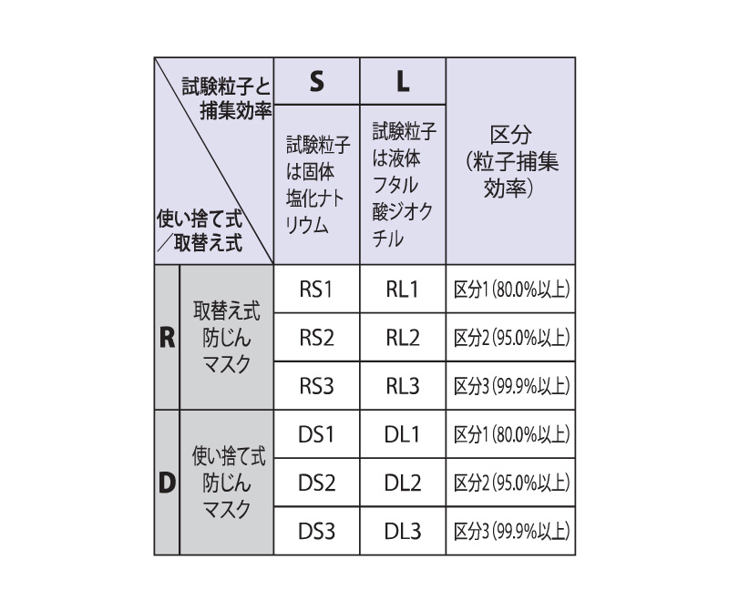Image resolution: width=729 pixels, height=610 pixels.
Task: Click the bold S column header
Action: [x=316, y=81]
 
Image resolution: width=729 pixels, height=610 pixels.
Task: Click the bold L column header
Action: [x=403, y=81]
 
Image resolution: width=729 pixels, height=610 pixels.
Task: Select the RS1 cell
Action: [x=316, y=289]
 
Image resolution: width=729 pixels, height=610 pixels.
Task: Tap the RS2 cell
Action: [x=316, y=337]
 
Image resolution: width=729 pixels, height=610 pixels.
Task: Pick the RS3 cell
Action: [x=316, y=386]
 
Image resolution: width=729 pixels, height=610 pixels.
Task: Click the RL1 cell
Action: [x=403, y=289]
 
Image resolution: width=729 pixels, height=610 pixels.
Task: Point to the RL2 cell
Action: [x=403, y=337]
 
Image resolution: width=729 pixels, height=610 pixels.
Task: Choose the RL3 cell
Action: [x=403, y=386]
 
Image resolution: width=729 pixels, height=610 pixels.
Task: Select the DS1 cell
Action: [x=316, y=434]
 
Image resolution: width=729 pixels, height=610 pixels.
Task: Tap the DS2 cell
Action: [x=316, y=483]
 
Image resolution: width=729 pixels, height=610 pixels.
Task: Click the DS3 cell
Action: [x=316, y=531]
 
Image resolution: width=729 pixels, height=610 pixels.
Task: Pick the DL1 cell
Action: [x=403, y=434]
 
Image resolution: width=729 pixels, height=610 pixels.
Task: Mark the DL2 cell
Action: [x=403, y=483]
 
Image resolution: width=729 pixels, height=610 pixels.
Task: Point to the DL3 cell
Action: [x=403, y=531]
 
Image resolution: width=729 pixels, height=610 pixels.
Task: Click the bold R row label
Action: [x=167, y=337]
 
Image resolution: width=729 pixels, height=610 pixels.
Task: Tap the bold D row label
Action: [x=167, y=483]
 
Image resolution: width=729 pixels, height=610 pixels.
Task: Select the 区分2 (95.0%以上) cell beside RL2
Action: [x=510, y=337]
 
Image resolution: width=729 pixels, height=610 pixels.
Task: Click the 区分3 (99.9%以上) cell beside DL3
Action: [x=510, y=531]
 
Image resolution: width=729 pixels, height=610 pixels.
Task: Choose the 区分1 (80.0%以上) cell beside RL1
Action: [x=510, y=289]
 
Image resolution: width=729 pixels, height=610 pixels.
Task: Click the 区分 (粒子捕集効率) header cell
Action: [x=510, y=161]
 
